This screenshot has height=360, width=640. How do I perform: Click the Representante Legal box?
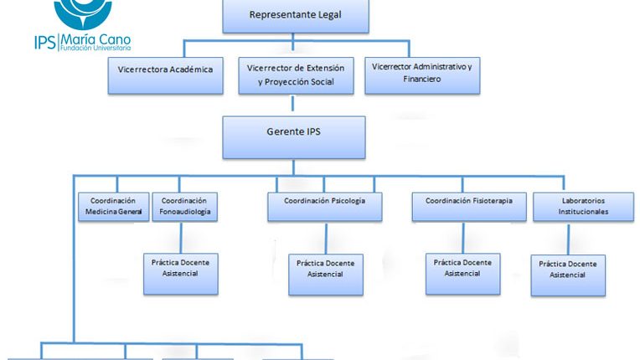tap(296, 16)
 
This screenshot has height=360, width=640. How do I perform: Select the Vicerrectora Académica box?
tap(165, 76)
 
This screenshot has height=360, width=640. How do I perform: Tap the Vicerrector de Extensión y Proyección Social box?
tap(296, 76)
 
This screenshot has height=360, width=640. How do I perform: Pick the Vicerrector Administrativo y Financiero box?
tap(422, 76)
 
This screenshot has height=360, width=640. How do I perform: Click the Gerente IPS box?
tap(294, 137)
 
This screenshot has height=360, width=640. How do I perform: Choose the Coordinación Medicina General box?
tap(113, 207)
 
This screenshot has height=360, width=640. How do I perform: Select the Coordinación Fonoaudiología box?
tap(185, 207)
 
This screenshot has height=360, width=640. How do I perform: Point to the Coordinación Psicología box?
tap(325, 207)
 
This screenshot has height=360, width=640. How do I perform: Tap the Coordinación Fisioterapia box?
tap(469, 207)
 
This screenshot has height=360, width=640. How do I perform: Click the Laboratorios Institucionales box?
tap(584, 207)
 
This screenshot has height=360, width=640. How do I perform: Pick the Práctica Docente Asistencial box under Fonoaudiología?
tap(181, 274)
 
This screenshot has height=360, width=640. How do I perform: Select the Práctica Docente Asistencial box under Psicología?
tap(326, 275)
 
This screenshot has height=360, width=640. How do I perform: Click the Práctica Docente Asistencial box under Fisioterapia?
tap(463, 274)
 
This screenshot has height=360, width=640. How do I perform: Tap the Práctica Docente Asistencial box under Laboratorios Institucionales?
tap(568, 275)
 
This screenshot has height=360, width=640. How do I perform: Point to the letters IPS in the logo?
tap(45, 43)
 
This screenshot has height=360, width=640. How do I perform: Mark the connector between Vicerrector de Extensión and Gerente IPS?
tap(292, 104)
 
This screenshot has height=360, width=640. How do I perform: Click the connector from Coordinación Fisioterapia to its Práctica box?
tap(463, 238)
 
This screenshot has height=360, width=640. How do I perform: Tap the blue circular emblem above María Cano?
tap(83, 13)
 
